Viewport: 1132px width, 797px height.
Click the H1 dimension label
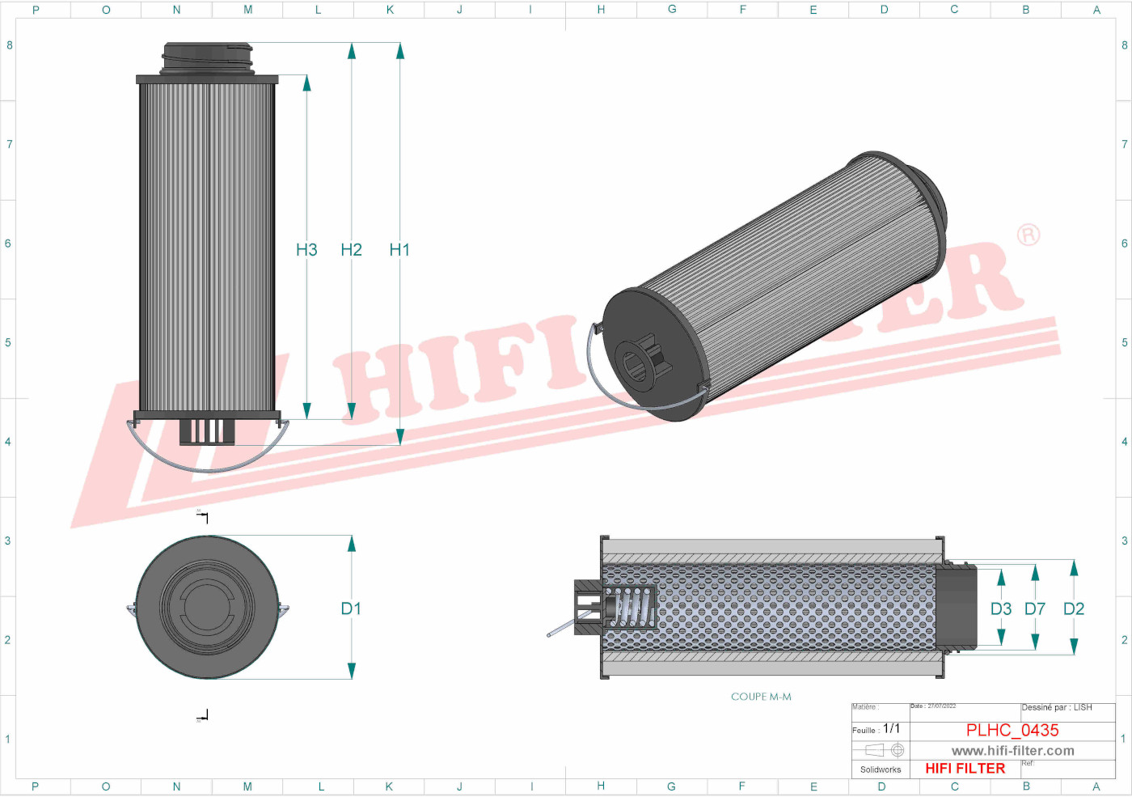(x=399, y=250)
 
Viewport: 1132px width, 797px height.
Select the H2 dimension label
(x=351, y=250)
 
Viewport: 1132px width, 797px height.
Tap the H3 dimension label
(x=306, y=250)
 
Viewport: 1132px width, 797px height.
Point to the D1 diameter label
(x=351, y=608)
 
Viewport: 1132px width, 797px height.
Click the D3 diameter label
(x=1001, y=608)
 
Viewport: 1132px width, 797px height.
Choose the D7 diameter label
(x=1035, y=608)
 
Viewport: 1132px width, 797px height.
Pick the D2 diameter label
(x=1074, y=608)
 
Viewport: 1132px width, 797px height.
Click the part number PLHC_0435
(x=1012, y=730)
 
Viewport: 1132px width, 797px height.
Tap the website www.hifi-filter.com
(x=1012, y=751)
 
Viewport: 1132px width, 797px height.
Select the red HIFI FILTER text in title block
(x=965, y=769)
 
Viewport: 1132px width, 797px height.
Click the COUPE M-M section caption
(x=761, y=697)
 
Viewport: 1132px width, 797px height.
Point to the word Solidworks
(x=881, y=769)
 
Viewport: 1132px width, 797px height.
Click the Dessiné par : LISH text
(x=1057, y=708)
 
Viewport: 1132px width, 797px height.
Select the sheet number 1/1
(x=891, y=728)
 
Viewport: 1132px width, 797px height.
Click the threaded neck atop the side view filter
(x=207, y=58)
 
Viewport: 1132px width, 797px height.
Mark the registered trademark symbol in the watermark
(x=1029, y=235)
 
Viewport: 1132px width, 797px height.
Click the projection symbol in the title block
(x=885, y=750)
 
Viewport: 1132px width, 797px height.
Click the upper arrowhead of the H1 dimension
(x=399, y=51)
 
